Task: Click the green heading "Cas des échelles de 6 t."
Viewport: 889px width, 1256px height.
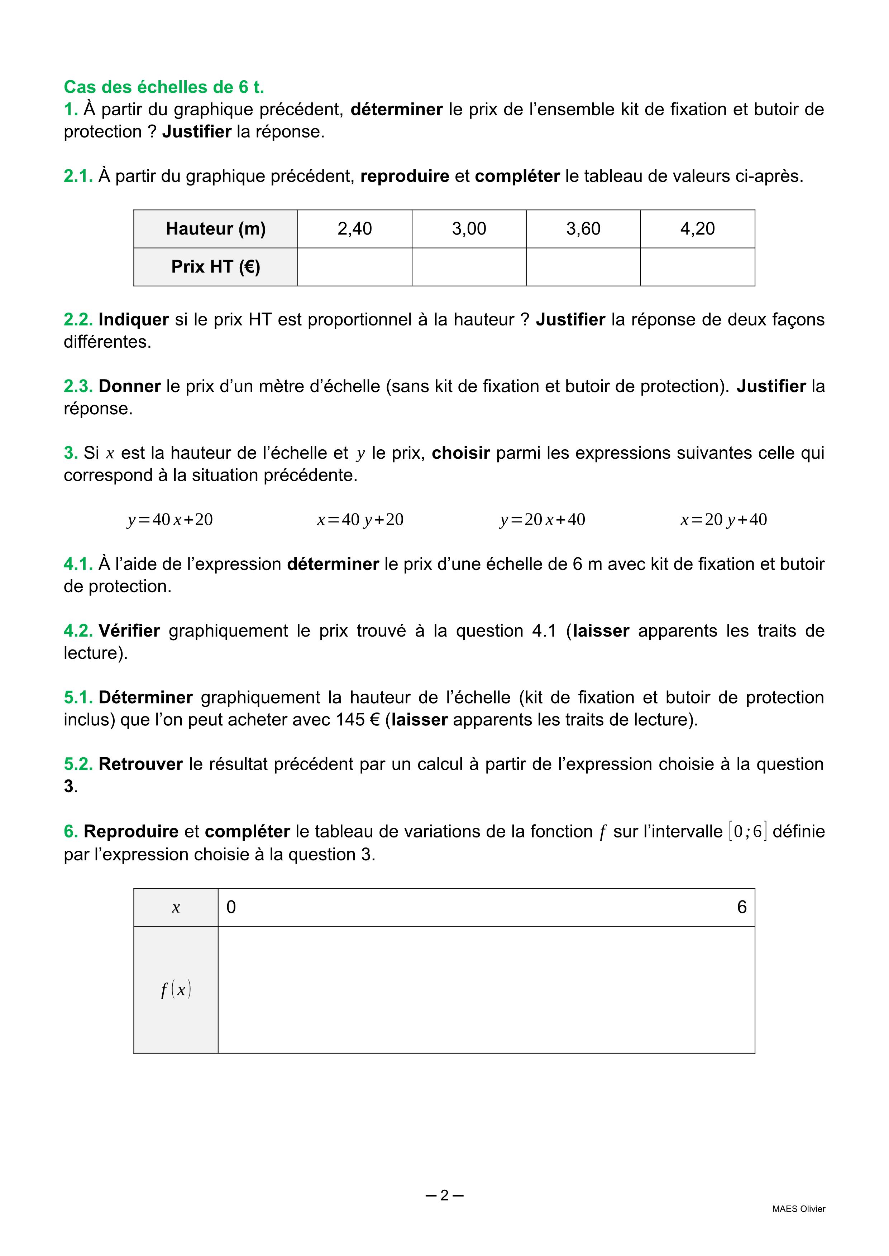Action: [164, 87]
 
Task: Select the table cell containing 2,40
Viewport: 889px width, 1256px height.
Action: [355, 229]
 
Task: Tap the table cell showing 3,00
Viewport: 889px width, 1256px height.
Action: [469, 229]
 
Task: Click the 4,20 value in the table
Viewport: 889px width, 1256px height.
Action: [697, 229]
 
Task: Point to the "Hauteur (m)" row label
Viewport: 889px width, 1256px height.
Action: [216, 229]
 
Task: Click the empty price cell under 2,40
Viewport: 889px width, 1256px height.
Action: [355, 267]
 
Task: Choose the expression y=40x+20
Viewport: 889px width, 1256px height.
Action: [170, 519]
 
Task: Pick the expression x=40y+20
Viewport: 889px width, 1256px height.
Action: [360, 519]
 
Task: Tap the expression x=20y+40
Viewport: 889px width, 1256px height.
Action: [724, 519]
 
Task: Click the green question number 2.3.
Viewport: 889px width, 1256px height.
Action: [78, 386]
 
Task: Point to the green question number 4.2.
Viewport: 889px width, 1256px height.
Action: [78, 631]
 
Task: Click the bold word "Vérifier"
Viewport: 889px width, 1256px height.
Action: [129, 631]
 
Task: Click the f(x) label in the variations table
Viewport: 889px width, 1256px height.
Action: [176, 990]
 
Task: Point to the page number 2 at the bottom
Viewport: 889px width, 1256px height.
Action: [444, 1195]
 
